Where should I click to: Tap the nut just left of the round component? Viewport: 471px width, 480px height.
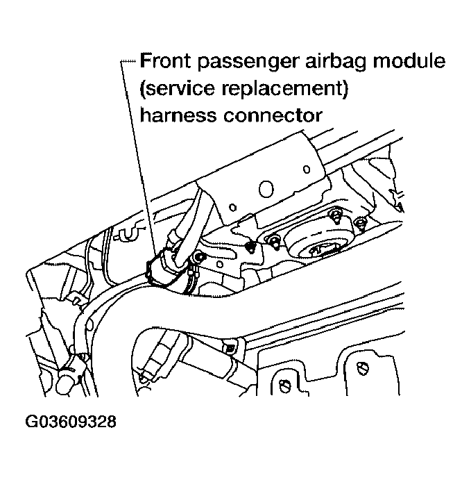pyautogui.click(x=275, y=241)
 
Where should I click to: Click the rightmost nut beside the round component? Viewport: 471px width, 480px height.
pyautogui.click(x=360, y=222)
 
